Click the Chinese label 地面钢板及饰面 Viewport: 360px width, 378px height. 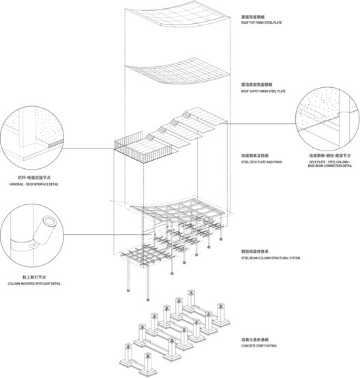pyautogui.click(x=254, y=155)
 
